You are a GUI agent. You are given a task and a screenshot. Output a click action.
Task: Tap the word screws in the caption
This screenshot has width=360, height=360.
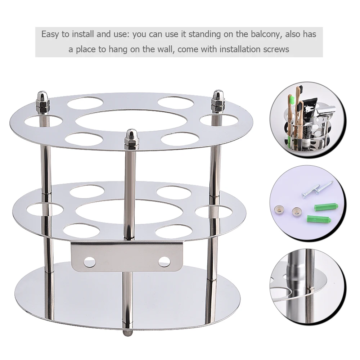[276, 49]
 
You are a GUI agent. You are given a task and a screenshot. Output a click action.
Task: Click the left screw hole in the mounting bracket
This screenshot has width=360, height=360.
[90, 262]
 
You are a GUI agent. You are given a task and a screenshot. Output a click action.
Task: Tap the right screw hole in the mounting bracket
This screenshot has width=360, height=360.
[164, 261]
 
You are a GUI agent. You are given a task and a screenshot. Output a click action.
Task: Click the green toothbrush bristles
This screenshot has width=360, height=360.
[291, 99]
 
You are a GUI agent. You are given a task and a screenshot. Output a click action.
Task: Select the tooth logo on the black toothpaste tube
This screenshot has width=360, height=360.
[306, 109]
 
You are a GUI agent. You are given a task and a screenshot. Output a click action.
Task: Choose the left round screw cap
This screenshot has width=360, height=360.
[279, 209]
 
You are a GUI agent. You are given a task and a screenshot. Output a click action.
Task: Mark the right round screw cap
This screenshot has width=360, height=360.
[297, 212]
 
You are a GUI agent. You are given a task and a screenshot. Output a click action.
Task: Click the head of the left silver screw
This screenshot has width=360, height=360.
[305, 195]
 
